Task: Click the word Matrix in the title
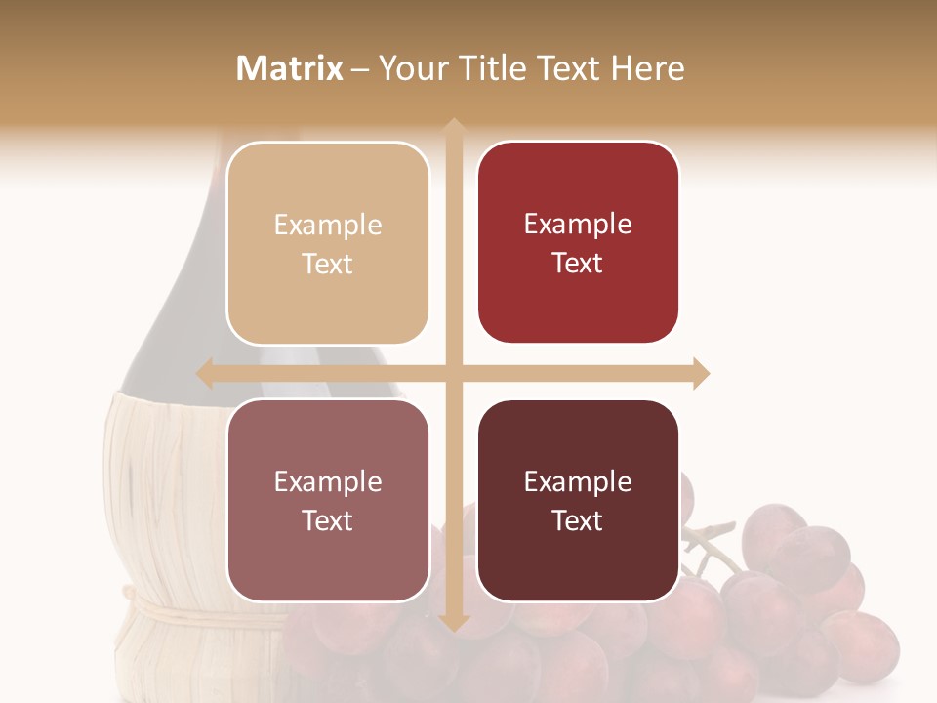(290, 68)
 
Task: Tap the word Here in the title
(647, 68)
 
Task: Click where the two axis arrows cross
(454, 373)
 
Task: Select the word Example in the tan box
(328, 226)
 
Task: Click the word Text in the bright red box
(577, 264)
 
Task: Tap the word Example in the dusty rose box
(328, 482)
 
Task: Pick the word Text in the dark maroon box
(577, 521)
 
